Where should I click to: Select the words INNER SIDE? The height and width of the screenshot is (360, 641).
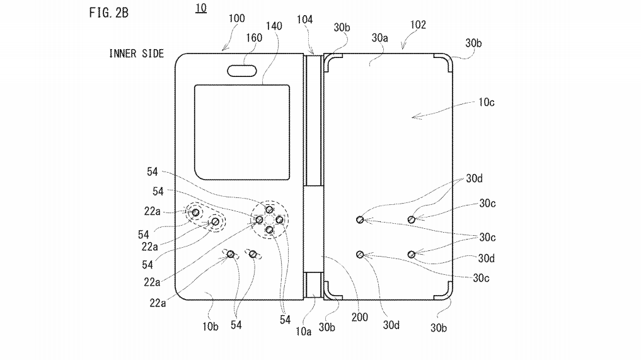click(136, 54)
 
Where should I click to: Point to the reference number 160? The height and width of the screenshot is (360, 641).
click(253, 37)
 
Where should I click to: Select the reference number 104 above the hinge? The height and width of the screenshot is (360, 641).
click(304, 20)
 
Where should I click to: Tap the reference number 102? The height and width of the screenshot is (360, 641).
click(417, 25)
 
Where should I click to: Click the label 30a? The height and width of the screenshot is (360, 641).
click(380, 39)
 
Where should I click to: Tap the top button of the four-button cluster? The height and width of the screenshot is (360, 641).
click(269, 209)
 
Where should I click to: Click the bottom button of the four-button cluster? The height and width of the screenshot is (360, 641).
click(269, 230)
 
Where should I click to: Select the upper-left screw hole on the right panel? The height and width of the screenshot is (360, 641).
click(360, 219)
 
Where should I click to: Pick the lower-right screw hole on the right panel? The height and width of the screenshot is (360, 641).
click(411, 254)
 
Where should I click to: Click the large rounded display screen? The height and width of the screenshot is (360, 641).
click(241, 132)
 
